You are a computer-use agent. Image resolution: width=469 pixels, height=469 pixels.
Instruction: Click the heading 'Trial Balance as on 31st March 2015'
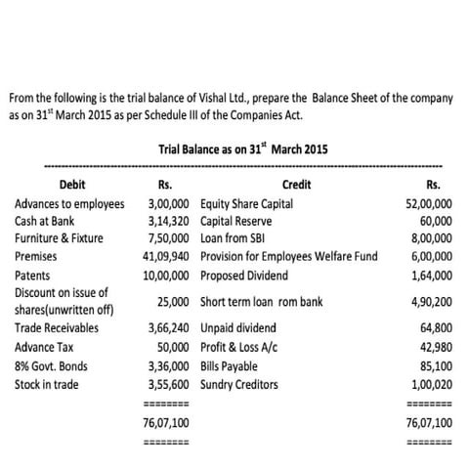tap(242, 149)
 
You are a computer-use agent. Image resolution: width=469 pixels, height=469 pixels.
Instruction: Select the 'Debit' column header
tap(72, 185)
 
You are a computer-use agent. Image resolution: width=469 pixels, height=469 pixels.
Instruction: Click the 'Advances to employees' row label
tap(69, 205)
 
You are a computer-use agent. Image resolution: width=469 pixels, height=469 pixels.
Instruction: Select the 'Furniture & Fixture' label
tap(59, 237)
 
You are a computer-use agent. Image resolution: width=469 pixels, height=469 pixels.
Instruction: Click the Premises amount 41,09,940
tap(165, 256)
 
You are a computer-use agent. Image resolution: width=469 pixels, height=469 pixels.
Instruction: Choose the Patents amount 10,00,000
tap(166, 275)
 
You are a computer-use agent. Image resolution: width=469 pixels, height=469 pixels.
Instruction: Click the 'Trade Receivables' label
tap(57, 327)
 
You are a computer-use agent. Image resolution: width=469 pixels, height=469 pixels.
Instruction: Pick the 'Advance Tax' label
tap(45, 347)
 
